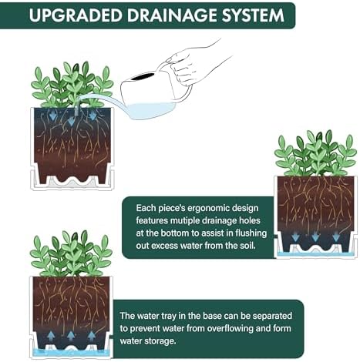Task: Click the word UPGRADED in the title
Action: point(76,15)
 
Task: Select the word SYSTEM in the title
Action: point(253,15)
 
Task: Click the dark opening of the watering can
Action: point(143,76)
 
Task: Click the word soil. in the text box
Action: point(249,246)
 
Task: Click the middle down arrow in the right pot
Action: point(315,236)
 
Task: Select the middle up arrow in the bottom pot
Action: point(71,336)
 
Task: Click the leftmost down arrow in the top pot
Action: point(53,116)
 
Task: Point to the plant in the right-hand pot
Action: point(315,153)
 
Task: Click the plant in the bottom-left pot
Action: point(71,253)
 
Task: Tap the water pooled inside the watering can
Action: point(150,110)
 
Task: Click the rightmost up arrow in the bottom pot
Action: point(91,336)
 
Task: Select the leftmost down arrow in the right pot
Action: point(295,236)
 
